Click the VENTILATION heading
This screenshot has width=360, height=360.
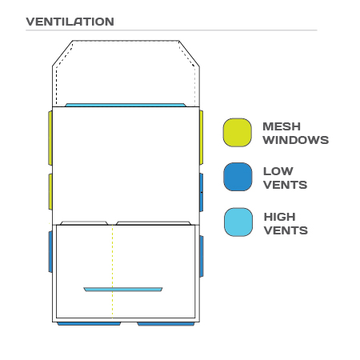point(70,22)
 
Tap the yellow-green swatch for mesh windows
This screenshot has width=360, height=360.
point(237,133)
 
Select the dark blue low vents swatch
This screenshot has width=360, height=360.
point(238,177)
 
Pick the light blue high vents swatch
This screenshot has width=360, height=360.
point(238,222)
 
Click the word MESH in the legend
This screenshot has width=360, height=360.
point(282,126)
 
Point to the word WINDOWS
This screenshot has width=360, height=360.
point(296,140)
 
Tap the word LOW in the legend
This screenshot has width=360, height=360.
point(278,171)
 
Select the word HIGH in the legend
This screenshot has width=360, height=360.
point(279,217)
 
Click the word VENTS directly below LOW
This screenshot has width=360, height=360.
point(286,185)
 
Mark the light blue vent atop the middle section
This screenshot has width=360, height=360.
point(126,105)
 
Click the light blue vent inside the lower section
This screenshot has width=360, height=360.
point(123,290)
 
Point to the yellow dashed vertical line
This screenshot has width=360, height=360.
point(112,271)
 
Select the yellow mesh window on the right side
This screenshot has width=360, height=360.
point(201,138)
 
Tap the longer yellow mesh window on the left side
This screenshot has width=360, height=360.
point(50,138)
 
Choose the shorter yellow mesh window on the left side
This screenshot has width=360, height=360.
point(50,192)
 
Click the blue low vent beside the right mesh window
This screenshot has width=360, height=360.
point(201,192)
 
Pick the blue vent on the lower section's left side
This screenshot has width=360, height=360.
point(50,252)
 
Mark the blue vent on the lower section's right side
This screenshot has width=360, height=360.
point(202,256)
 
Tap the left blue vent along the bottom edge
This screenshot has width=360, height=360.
point(89,324)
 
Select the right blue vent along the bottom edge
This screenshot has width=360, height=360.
point(166,324)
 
